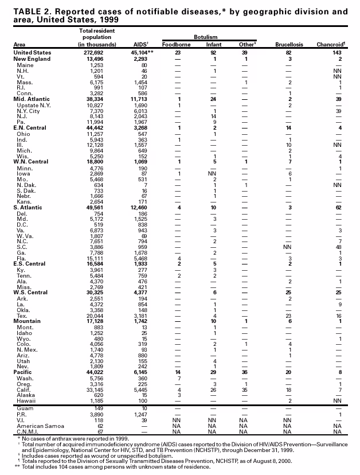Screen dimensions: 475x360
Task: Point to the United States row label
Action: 33,52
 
